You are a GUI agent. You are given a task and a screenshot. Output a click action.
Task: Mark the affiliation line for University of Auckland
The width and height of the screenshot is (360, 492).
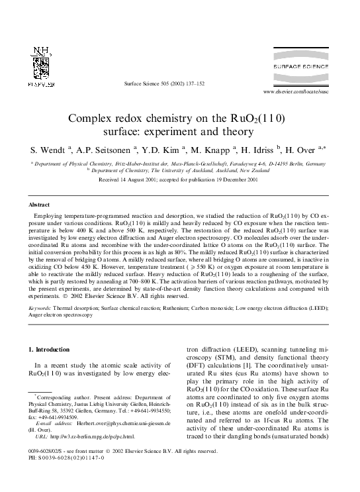point(180,171)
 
